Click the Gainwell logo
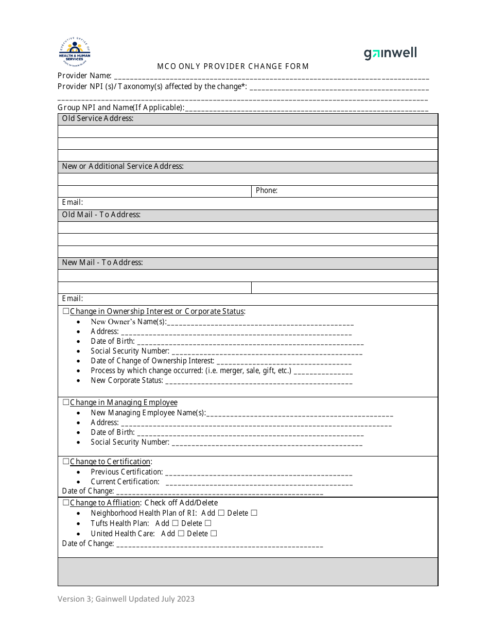coord(390,53)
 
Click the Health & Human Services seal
coord(75,52)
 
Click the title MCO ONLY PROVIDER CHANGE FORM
coord(233,66)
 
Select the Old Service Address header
coord(98,118)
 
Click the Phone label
coord(267,190)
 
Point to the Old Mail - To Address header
coord(101,215)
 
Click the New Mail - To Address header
coord(102,262)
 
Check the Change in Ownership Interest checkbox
coord(66,311)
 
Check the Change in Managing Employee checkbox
coord(66,402)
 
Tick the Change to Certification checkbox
coord(66,462)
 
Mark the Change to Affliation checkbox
coord(66,503)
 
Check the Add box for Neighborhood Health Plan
coord(221,513)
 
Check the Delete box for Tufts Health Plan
coord(208,523)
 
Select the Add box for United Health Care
coord(181,534)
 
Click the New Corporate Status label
coord(127,380)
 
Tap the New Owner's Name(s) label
coord(129,322)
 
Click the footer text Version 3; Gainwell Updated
coord(126,599)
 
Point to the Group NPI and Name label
coord(120,108)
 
